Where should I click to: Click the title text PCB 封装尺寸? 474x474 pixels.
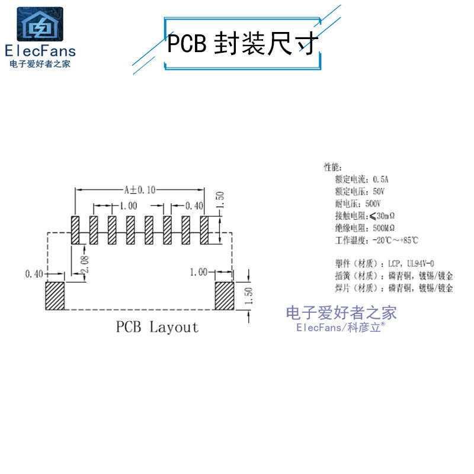click(x=242, y=43)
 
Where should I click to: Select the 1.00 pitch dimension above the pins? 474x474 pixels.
click(x=128, y=206)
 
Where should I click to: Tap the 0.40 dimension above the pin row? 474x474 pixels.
click(x=194, y=206)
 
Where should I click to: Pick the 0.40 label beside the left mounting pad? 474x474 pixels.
click(x=34, y=274)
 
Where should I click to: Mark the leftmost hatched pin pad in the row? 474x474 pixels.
click(x=75, y=230)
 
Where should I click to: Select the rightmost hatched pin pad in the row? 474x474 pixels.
click(x=205, y=230)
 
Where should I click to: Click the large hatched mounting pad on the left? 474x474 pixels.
click(x=55, y=296)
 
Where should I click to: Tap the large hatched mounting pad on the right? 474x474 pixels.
click(x=224, y=296)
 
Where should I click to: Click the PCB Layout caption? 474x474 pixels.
click(x=157, y=327)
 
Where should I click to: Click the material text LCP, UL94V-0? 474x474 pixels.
click(x=412, y=263)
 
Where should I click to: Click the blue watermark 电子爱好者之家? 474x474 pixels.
click(x=341, y=313)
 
